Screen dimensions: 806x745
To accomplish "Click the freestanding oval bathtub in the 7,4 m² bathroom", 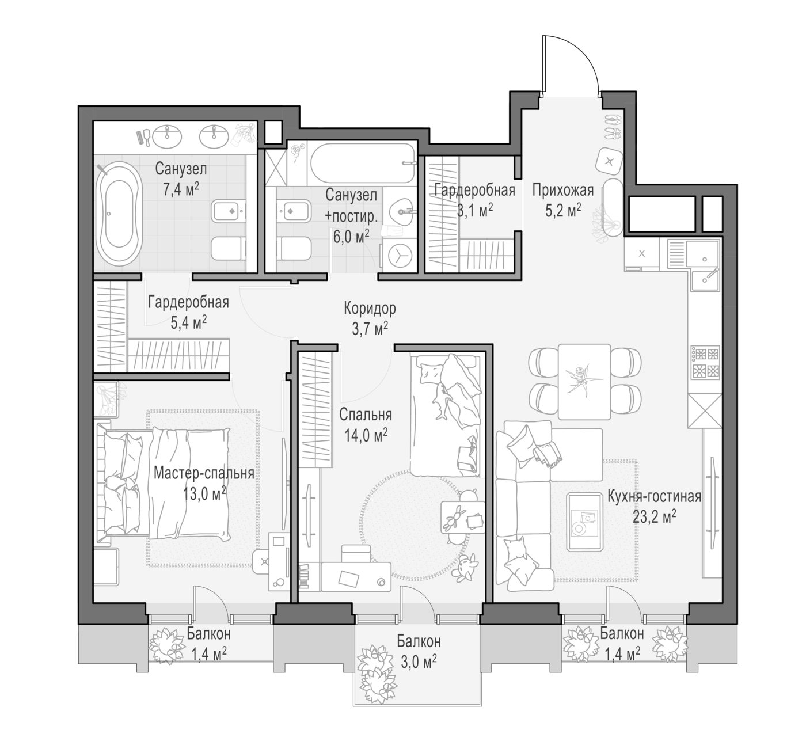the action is click(119, 214).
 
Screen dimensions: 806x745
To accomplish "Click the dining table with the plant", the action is click(584, 382).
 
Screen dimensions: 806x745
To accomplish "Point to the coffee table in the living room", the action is click(584, 522).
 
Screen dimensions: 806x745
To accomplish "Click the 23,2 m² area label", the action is click(654, 516).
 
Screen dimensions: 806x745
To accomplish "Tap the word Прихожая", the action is click(563, 190).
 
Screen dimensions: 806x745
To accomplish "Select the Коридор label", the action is click(370, 309).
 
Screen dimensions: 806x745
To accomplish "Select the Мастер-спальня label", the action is click(204, 473).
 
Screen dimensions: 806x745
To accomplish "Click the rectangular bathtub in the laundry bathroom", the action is click(363, 163).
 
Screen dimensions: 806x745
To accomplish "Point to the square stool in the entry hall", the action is click(609, 162).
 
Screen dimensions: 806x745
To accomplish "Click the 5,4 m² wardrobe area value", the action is click(189, 323).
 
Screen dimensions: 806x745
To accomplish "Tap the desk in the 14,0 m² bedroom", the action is click(356, 576).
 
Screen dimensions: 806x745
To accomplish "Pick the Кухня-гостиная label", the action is click(654, 496).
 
